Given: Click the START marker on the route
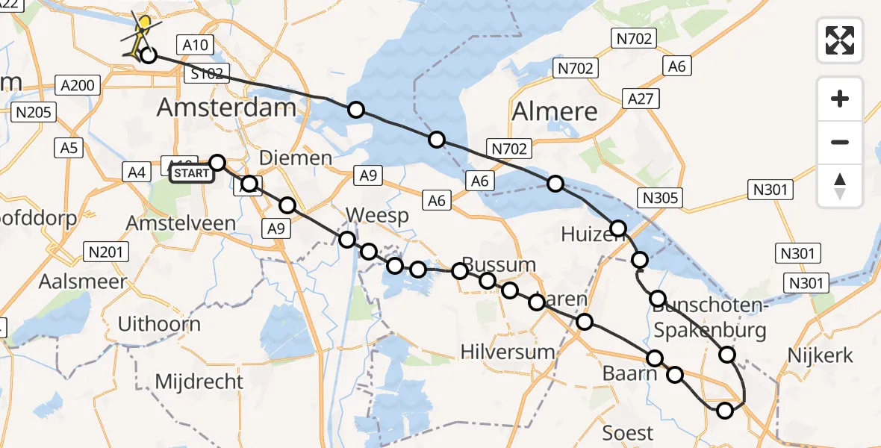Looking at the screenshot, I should coord(192,173).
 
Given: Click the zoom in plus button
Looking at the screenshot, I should coord(840,99).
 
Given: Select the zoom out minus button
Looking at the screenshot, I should coord(840,142).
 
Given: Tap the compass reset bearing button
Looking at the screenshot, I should coord(840,185).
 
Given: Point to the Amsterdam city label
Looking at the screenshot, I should coord(226,108).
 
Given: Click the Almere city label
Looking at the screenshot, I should coord(555,112).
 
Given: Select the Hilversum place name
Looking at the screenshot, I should coord(508,352).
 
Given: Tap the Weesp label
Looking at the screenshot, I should coord(377,217).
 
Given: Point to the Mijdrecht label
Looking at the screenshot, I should coord(199,382).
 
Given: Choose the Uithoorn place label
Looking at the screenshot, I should coord(159,324).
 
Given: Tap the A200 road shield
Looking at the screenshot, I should coord(78,86).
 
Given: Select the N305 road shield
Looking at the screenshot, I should coord(659,198).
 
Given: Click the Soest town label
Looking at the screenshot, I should coord(627,433).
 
